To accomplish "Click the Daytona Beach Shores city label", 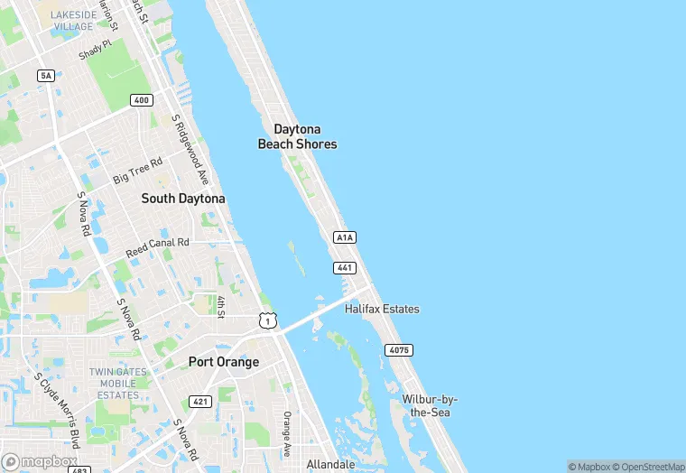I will tap(297, 137).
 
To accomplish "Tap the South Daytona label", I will tap(183, 198).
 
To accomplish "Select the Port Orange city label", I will tap(224, 362).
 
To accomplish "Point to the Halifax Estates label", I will tap(382, 309).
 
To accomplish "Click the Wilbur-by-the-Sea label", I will tap(430, 405).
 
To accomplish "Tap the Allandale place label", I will tap(330, 464).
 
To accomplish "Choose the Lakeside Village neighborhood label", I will tap(72, 21).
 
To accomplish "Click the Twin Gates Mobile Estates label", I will tap(118, 384).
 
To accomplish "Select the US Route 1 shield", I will tap(266, 320).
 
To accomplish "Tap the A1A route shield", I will tap(345, 237).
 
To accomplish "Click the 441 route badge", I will tap(345, 268).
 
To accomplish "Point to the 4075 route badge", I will tap(398, 349).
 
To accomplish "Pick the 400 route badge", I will tap(141, 100).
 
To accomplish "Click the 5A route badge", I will tap(46, 75).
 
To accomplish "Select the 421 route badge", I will tap(200, 401).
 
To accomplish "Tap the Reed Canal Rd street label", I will tap(157, 246).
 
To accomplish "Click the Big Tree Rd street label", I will tap(137, 170).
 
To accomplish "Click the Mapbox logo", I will tap(40, 461).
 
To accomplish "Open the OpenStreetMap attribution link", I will tap(649, 467).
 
